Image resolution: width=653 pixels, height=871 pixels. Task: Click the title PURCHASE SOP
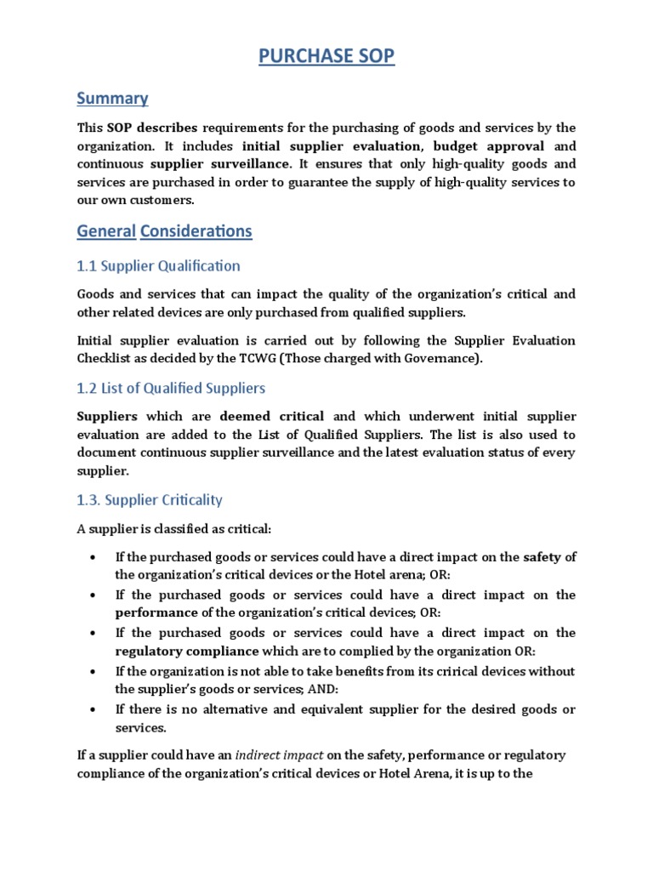click(326, 57)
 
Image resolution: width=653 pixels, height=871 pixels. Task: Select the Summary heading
click(112, 98)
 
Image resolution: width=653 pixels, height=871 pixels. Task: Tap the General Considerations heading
click(164, 231)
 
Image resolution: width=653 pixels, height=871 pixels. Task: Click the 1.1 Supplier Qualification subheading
click(159, 265)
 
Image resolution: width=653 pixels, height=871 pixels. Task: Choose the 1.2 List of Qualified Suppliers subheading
click(171, 388)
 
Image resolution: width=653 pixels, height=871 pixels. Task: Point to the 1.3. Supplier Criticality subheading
click(150, 499)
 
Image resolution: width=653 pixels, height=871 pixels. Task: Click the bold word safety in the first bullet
click(542, 557)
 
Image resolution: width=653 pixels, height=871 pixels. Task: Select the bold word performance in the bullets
click(156, 612)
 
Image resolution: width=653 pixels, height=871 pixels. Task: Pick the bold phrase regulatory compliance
click(186, 651)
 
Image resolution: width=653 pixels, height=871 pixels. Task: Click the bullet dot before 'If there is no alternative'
click(92, 709)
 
